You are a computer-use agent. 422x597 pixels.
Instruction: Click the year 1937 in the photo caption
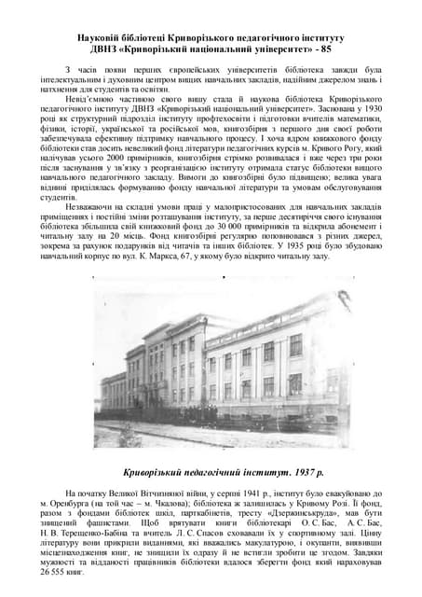click(279, 471)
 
